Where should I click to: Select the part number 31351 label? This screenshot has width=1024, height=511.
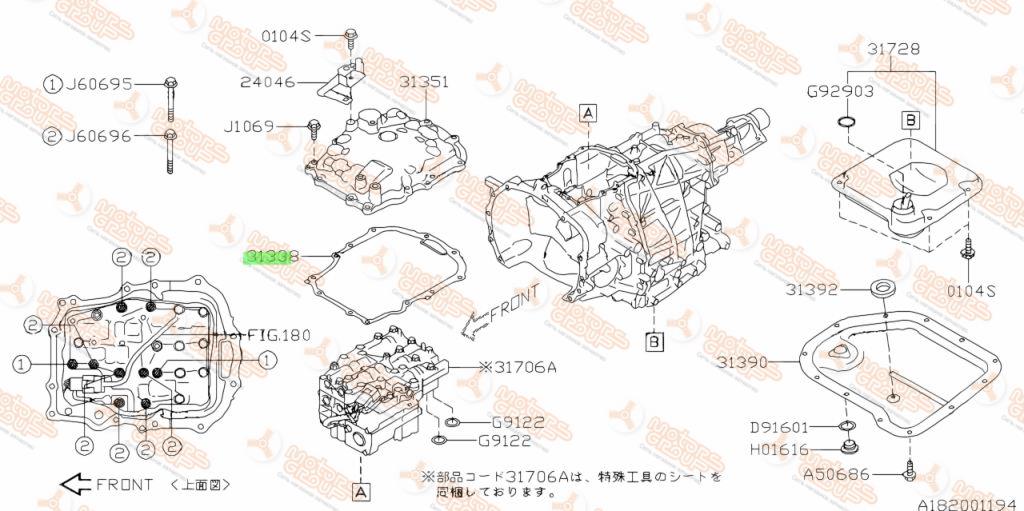424,82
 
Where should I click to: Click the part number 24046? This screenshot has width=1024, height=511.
267,82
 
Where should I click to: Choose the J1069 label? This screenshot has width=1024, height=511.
247,126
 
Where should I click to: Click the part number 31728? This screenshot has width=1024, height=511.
893,48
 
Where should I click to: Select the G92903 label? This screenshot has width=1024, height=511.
840,91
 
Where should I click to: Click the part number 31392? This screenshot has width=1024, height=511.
809,290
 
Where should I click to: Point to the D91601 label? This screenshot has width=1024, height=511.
779,428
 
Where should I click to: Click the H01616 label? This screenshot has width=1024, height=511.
779,450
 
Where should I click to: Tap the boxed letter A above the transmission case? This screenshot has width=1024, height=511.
587,111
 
